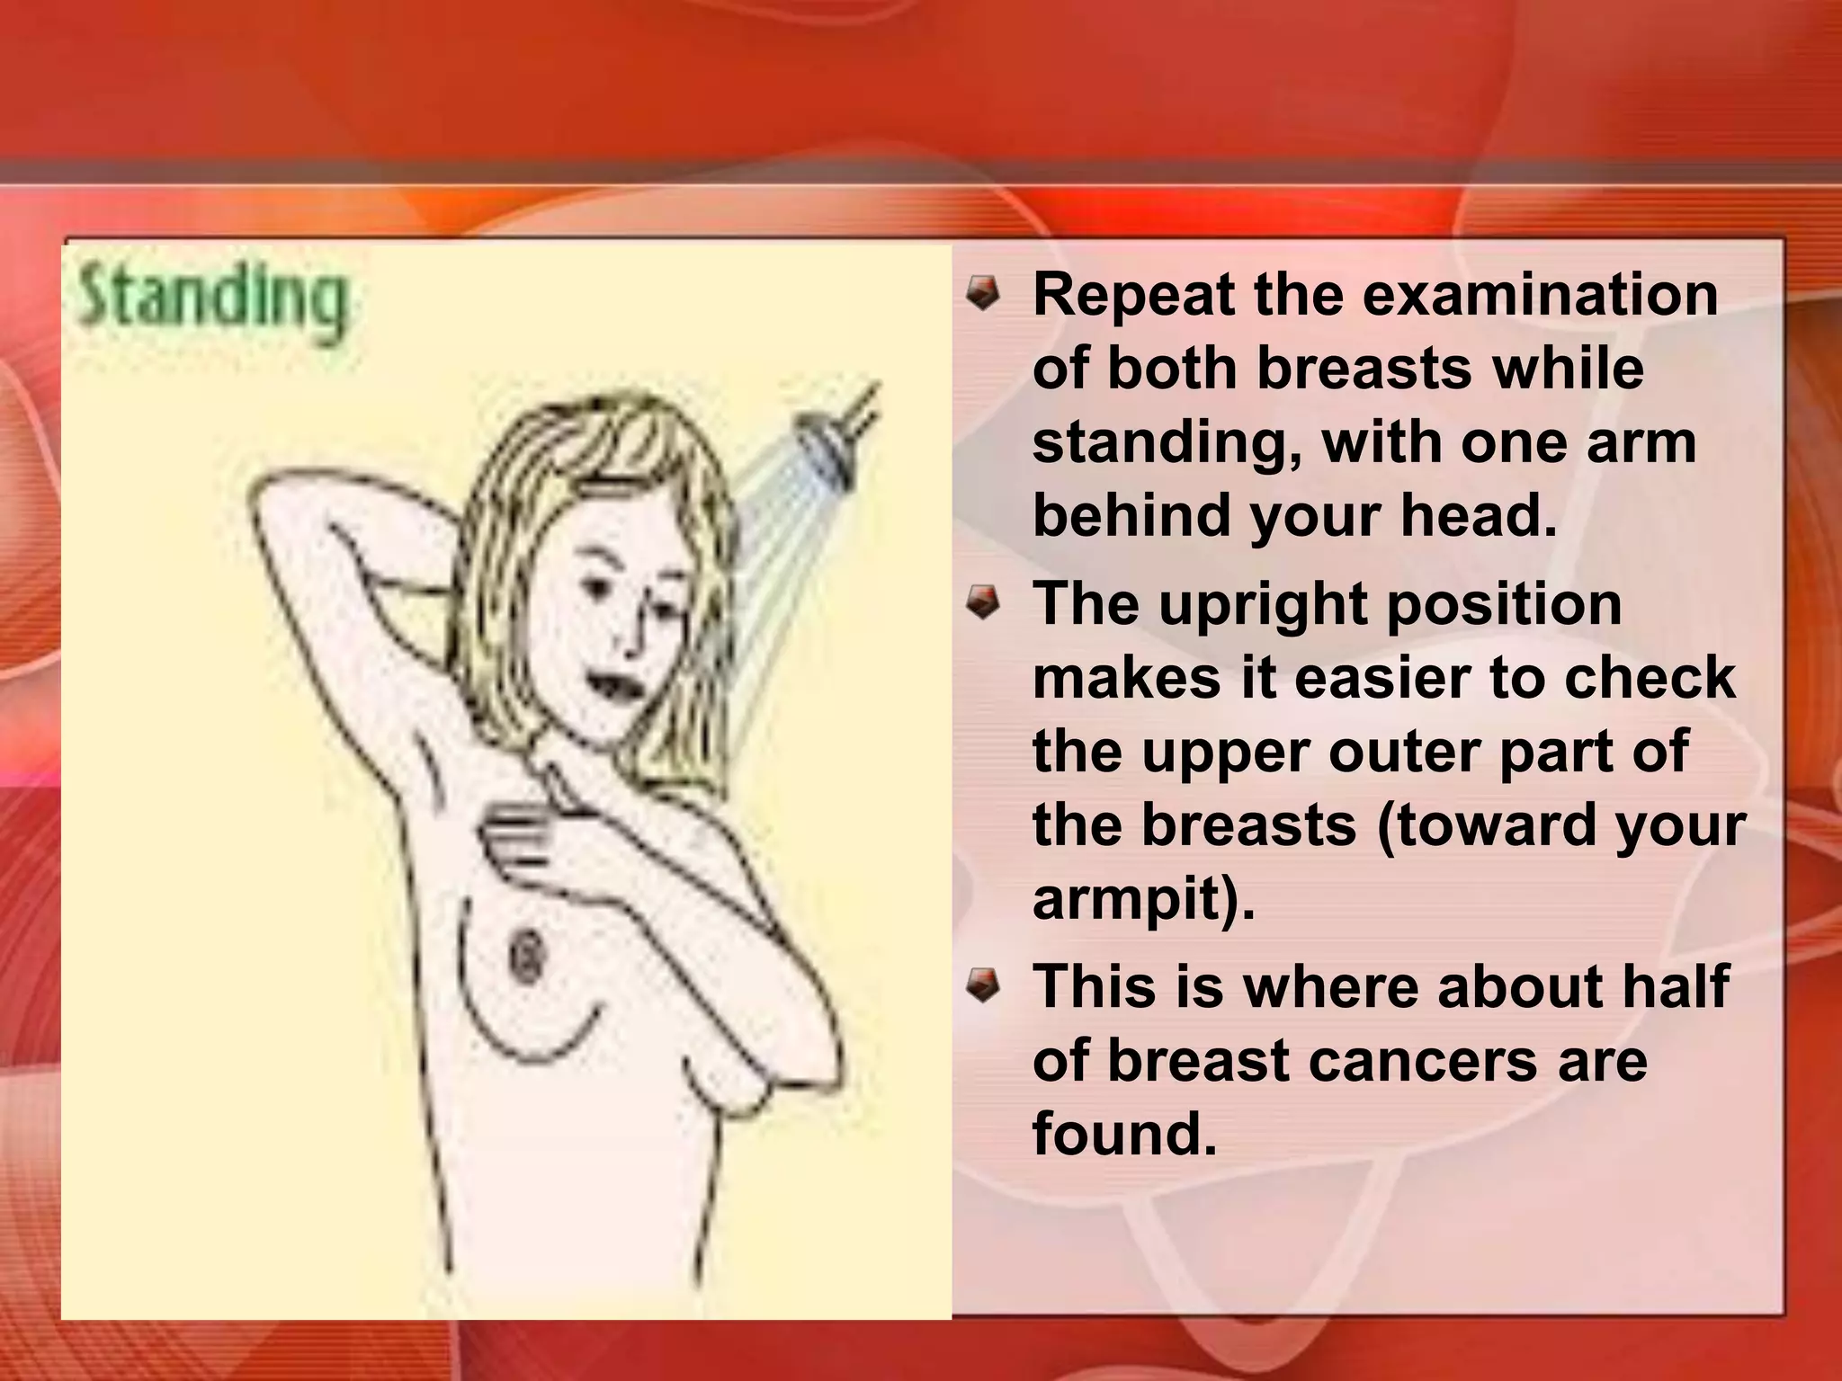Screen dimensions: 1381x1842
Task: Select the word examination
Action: pyautogui.click(x=1540, y=295)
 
